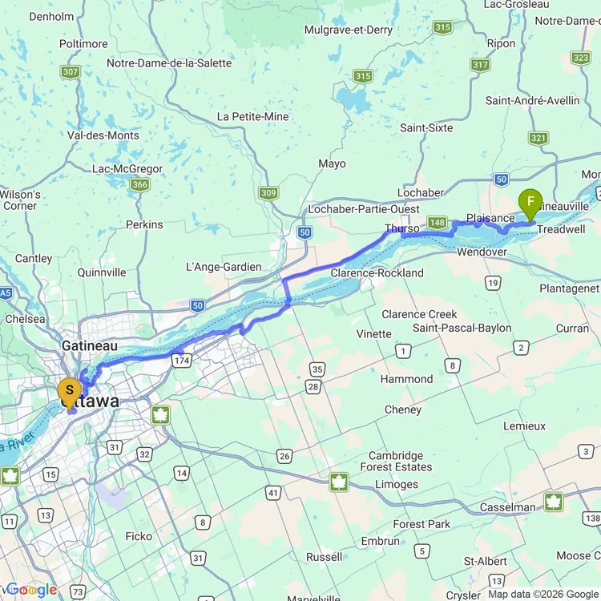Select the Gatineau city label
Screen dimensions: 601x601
coord(90,346)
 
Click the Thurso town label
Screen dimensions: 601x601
coord(401,229)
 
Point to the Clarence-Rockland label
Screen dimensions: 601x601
coord(377,273)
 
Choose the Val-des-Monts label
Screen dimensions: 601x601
coord(103,135)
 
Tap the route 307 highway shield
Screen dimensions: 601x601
coord(71,72)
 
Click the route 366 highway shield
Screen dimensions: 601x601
coord(139,185)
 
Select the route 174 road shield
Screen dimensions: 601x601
coord(179,361)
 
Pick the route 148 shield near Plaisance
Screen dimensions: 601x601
coord(437,222)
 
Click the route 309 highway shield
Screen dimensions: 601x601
coord(268,193)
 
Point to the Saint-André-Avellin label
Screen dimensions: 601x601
coord(532,101)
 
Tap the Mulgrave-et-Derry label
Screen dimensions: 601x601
coord(349,30)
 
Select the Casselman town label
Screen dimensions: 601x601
coord(507,507)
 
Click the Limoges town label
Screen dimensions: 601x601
coord(397,484)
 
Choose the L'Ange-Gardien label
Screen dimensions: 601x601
coord(224,267)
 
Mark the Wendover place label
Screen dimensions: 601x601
coord(482,252)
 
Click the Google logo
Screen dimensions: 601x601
coord(31,590)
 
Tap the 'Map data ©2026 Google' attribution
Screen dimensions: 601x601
coord(543,594)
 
